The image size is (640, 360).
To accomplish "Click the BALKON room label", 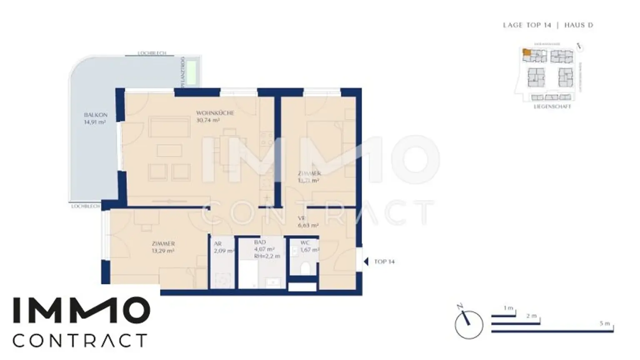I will (x=95, y=115).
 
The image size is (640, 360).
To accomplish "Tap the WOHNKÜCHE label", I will (x=215, y=113).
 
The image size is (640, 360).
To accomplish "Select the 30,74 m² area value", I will (x=208, y=120).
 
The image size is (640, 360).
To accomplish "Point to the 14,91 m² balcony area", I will (x=95, y=122).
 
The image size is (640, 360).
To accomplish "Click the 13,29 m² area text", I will (x=163, y=251).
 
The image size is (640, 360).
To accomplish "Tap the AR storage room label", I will (x=217, y=244).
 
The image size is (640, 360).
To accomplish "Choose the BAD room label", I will (x=260, y=242).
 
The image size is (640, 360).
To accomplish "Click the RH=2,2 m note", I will (x=267, y=256).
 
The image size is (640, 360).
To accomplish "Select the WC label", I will (x=305, y=242).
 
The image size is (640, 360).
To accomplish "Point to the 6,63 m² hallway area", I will (x=308, y=225).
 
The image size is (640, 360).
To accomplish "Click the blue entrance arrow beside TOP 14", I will (x=366, y=262).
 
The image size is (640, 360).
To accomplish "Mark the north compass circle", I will (x=469, y=325).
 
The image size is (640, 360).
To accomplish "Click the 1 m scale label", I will (x=508, y=308).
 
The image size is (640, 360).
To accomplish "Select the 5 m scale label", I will (x=605, y=324).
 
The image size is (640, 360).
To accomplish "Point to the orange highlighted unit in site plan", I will (x=527, y=52).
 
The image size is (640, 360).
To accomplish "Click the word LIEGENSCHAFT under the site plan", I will (x=552, y=107).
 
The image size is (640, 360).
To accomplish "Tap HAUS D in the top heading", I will (x=579, y=25).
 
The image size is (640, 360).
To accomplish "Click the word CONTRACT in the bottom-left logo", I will (x=80, y=340).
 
